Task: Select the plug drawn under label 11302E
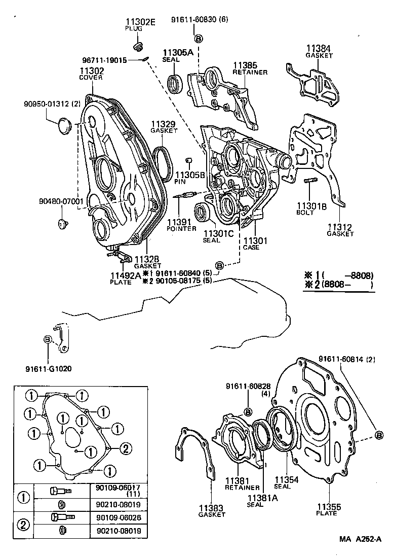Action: coord(135,48)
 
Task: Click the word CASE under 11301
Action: coord(251,247)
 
